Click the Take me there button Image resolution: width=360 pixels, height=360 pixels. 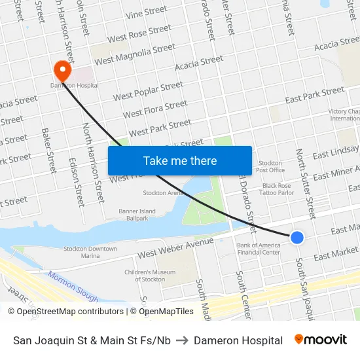180,160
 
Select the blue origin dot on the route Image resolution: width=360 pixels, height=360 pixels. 297,237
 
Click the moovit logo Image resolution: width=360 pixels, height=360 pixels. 320,340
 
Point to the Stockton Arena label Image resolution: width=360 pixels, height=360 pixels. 162,193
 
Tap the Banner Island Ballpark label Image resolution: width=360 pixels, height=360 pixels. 137,215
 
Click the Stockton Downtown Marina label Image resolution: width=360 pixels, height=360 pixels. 90,253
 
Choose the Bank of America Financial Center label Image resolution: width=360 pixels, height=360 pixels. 259,249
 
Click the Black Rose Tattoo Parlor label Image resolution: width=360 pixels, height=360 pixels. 277,190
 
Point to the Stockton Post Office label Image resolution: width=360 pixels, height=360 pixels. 270,166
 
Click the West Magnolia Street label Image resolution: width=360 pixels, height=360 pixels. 135,54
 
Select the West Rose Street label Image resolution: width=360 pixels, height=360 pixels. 139,33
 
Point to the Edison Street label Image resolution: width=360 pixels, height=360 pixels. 77,183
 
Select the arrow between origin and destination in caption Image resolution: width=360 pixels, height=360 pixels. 182,340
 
